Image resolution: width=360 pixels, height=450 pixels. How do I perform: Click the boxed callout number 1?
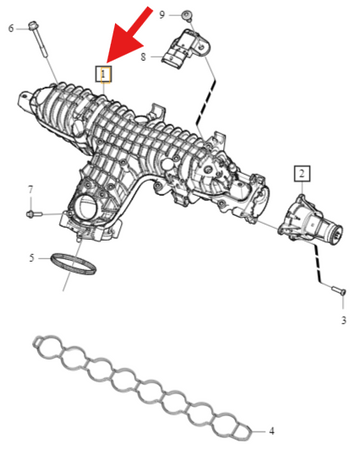coord(104,74)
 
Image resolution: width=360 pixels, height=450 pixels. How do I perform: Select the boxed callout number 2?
coord(302,173)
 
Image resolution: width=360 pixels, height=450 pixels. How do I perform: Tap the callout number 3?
coord(344,320)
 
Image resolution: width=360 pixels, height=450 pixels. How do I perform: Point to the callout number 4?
coord(272,431)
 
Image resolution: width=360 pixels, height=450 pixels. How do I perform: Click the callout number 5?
coord(32,258)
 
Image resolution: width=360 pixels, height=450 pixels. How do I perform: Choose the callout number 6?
coord(11,28)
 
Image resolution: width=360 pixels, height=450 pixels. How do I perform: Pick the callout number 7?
coord(30,190)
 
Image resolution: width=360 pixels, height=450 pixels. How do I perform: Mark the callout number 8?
coord(143,57)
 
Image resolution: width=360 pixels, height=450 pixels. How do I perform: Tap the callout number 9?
coord(162,15)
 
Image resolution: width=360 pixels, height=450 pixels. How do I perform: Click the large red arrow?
coord(127,37)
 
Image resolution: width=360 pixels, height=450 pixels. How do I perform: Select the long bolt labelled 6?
coord(39,39)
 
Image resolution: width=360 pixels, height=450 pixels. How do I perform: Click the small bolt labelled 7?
coord(34,213)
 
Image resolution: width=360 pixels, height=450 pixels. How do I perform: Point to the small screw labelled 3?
coord(339,290)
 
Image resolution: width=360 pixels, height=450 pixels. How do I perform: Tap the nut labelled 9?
coord(186,15)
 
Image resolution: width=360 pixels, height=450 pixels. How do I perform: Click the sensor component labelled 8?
coord(186,49)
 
